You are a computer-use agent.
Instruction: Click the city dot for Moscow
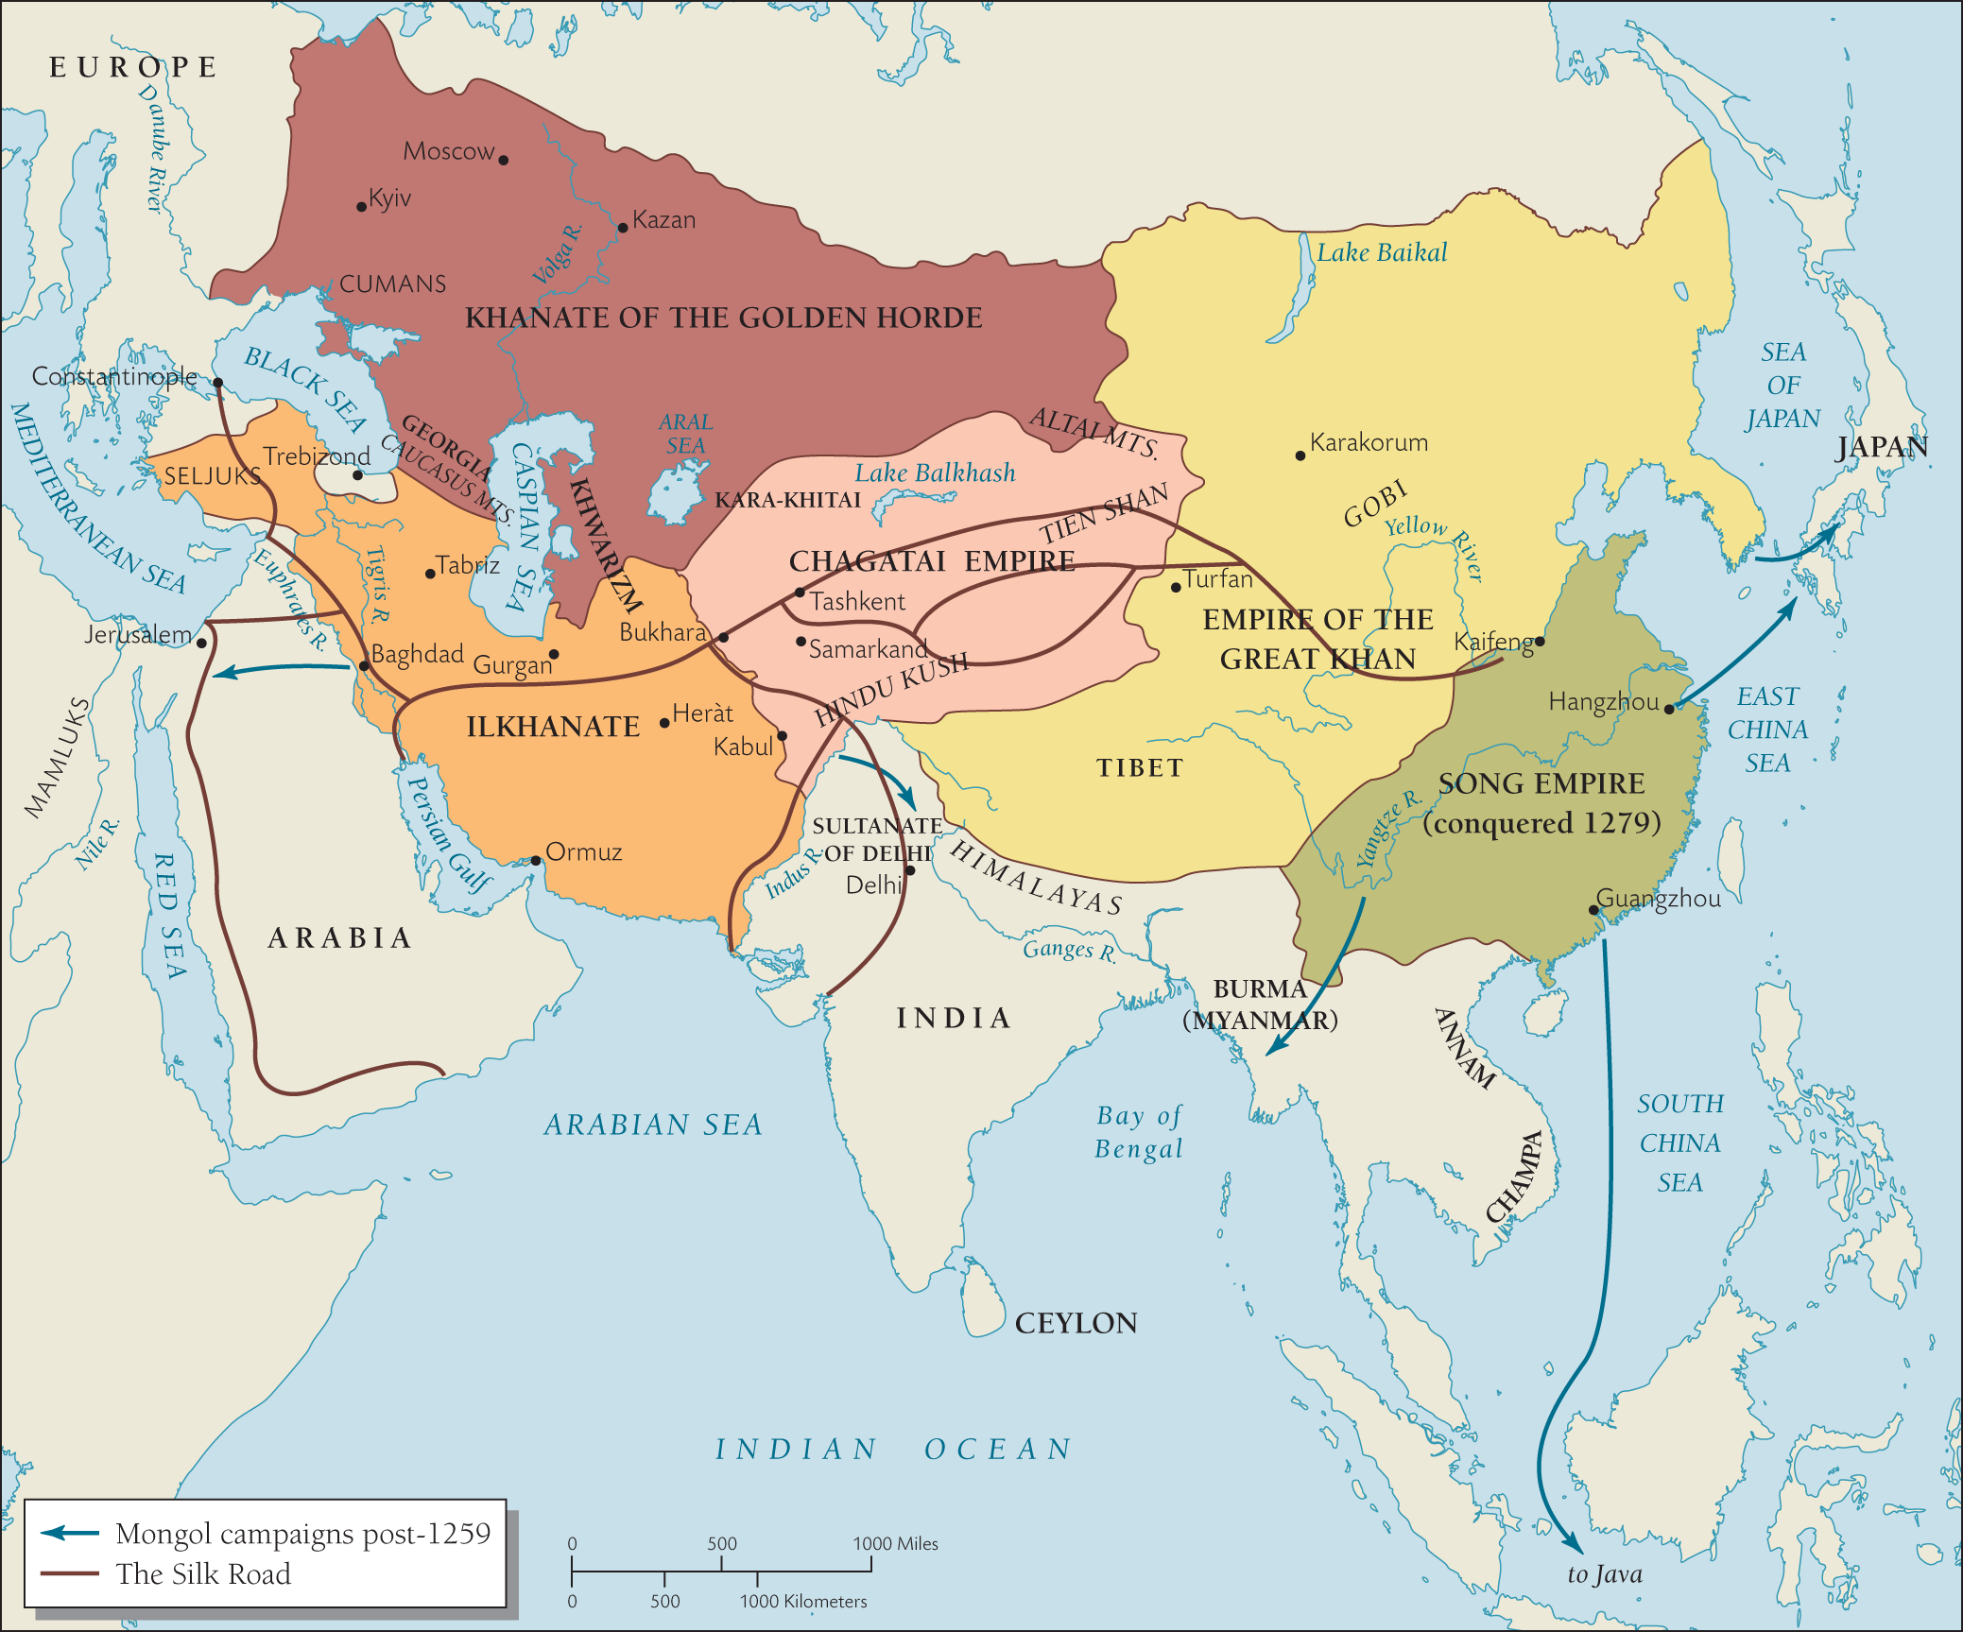pyautogui.click(x=504, y=160)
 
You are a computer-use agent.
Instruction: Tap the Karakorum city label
pyautogui.click(x=1368, y=442)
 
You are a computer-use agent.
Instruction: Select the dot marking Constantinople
pyautogui.click(x=217, y=383)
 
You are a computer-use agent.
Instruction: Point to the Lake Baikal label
pyautogui.click(x=1381, y=252)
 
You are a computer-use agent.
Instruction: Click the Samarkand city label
pyautogui.click(x=868, y=649)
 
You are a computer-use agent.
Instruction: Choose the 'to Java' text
pyautogui.click(x=1604, y=1574)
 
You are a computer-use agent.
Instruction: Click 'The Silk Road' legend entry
pyautogui.click(x=202, y=1574)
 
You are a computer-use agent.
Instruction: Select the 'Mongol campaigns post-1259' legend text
pyautogui.click(x=302, y=1533)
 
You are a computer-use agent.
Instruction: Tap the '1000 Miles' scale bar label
pyautogui.click(x=895, y=1543)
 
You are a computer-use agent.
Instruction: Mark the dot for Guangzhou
pyautogui.click(x=1593, y=911)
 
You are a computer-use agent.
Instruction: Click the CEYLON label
pyautogui.click(x=1076, y=1323)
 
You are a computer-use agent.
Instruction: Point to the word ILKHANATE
pyautogui.click(x=553, y=727)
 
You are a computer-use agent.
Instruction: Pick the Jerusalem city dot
pyautogui.click(x=201, y=643)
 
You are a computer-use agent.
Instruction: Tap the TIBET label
pyautogui.click(x=1140, y=767)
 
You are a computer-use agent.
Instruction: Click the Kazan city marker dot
pyautogui.click(x=623, y=228)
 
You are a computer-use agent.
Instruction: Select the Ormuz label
pyautogui.click(x=583, y=851)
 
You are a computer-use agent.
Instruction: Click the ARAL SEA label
pyautogui.click(x=685, y=434)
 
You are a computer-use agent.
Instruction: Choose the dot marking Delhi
pyautogui.click(x=910, y=870)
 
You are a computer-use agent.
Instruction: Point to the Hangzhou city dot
pyautogui.click(x=1669, y=709)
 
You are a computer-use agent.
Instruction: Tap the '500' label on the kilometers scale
pyautogui.click(x=664, y=1601)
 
